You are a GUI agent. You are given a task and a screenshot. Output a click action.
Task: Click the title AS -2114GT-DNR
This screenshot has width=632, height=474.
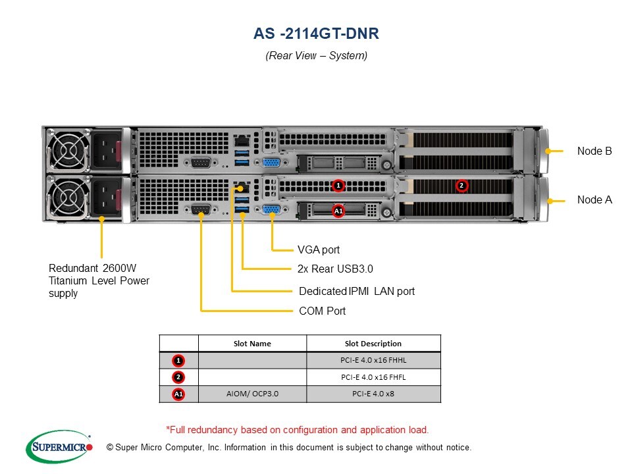click(x=316, y=34)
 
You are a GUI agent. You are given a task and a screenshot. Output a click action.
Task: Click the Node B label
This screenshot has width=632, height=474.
click(x=594, y=151)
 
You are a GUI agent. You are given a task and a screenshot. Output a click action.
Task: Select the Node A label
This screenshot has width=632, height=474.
click(x=594, y=199)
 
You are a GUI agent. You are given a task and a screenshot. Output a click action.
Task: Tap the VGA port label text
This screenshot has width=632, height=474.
click(x=319, y=250)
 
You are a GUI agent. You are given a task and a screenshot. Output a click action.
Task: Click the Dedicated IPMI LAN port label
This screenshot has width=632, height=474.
click(x=356, y=291)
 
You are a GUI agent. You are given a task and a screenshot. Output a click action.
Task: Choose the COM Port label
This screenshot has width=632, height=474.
click(x=322, y=311)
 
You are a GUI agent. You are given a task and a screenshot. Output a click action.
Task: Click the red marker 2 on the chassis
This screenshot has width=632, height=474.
click(x=461, y=186)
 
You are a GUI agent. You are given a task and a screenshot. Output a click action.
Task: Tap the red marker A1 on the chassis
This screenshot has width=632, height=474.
click(x=338, y=211)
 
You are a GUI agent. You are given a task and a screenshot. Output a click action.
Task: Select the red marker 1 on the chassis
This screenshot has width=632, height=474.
click(x=338, y=186)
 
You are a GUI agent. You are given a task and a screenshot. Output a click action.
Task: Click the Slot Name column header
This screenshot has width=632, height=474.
click(x=252, y=344)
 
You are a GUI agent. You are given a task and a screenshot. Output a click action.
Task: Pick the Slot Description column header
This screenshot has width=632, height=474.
click(x=373, y=344)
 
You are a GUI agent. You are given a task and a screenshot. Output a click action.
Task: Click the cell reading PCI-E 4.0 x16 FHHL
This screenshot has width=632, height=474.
click(x=373, y=360)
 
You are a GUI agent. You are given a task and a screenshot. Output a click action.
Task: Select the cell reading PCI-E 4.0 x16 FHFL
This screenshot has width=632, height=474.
click(x=373, y=377)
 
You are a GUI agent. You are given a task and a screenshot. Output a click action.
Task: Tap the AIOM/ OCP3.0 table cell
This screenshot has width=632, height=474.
click(x=252, y=394)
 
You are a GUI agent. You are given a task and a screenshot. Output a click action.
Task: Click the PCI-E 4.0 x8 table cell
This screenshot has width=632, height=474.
click(x=373, y=394)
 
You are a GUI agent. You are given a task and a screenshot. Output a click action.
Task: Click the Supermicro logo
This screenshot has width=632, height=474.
click(x=59, y=447)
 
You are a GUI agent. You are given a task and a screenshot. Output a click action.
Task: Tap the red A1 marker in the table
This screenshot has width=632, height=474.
click(x=178, y=394)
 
